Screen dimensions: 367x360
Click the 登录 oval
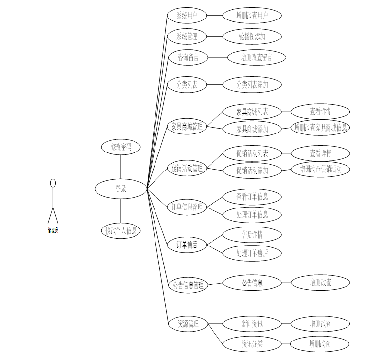point(120,189)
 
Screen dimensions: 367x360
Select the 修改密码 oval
point(120,147)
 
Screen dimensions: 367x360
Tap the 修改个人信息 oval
point(120,230)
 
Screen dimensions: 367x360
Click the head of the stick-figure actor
point(53,183)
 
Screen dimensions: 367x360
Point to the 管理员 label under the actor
point(53,230)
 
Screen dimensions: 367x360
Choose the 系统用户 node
point(187,16)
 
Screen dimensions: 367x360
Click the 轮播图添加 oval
point(252,37)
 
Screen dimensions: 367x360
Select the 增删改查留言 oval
point(256,57)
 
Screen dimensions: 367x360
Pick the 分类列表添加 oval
point(252,85)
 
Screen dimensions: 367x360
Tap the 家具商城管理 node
point(187,127)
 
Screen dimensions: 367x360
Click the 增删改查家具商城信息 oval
point(320,128)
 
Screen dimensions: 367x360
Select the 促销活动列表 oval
point(252,153)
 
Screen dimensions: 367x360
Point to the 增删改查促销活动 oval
point(320,169)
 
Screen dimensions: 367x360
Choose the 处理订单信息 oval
point(252,214)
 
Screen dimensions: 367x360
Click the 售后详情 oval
point(252,235)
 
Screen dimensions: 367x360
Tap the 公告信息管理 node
point(187,285)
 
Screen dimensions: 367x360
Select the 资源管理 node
point(187,323)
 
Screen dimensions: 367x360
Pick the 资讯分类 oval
point(252,344)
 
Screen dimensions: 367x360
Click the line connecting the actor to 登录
point(73,191)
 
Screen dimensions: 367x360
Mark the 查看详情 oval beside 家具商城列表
point(320,112)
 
